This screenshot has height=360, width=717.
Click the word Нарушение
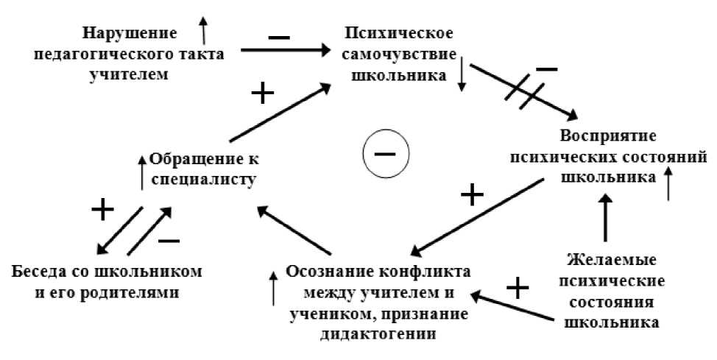tap(130, 33)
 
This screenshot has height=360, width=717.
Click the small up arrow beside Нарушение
tap(204, 30)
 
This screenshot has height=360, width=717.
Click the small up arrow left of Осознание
tap(275, 288)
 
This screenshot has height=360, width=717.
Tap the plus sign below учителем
tap(262, 93)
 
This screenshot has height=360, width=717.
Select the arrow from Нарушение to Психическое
tap(286, 51)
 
